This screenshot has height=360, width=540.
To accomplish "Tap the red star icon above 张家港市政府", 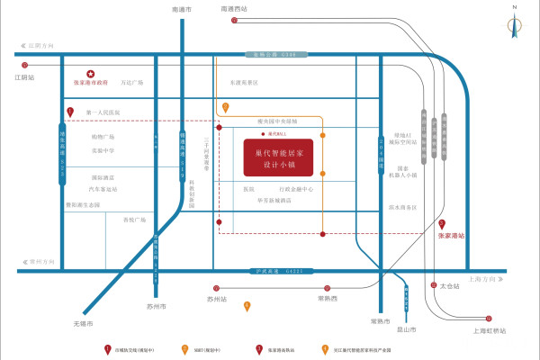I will pyautogui.click(x=90, y=74).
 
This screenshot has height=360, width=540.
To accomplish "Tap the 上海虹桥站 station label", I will pyautogui.click(x=489, y=330).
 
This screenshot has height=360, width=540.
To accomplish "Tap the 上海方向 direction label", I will pyautogui.click(x=483, y=278).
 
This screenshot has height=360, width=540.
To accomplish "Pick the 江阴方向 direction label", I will pyautogui.click(x=41, y=44).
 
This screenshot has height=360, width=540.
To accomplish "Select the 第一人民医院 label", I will pyautogui.click(x=103, y=112).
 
